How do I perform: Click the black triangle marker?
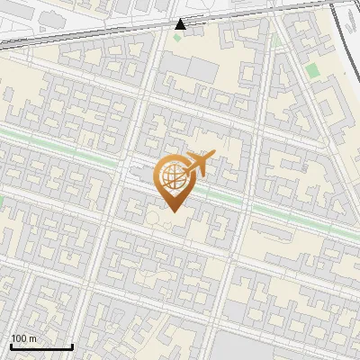click(181, 24)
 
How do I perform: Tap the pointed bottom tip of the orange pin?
click(171, 211)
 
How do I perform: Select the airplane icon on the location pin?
click(198, 165)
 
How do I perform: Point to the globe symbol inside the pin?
click(171, 175)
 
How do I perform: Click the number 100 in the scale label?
click(19, 338)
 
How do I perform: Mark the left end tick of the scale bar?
click(11, 346)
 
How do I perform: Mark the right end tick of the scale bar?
click(72, 346)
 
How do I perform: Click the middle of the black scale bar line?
click(41, 347)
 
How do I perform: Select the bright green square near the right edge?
click(312, 69)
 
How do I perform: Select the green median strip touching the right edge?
click(346, 233)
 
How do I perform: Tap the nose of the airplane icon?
click(213, 157)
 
